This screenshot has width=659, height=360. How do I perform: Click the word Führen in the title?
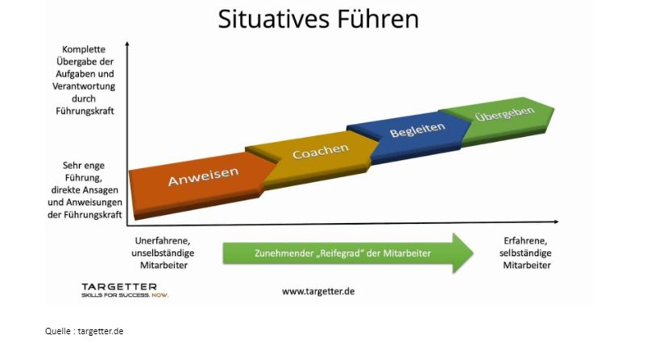click(x=379, y=19)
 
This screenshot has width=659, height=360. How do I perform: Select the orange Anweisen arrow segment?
click(x=201, y=184)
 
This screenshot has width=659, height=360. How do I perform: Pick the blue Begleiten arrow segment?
click(x=414, y=134)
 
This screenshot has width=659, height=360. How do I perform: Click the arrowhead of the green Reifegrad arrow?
click(x=463, y=254)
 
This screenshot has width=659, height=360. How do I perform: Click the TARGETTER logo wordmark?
click(x=119, y=287)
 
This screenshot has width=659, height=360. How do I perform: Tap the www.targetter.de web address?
click(x=318, y=291)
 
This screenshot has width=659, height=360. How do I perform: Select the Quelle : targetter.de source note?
click(x=84, y=331)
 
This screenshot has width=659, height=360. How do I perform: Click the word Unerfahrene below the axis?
click(x=162, y=241)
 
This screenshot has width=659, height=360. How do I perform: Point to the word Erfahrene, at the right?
click(x=525, y=241)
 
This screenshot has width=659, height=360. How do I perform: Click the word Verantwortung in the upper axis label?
click(x=84, y=86)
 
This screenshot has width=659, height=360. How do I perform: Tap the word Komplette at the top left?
click(x=84, y=49)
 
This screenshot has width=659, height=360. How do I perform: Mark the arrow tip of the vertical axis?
click(x=127, y=42)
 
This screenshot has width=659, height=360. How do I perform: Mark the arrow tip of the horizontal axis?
click(x=558, y=221)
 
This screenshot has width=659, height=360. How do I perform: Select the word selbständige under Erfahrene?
click(x=525, y=253)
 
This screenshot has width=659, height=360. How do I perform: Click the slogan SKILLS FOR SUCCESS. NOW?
click(x=125, y=295)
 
